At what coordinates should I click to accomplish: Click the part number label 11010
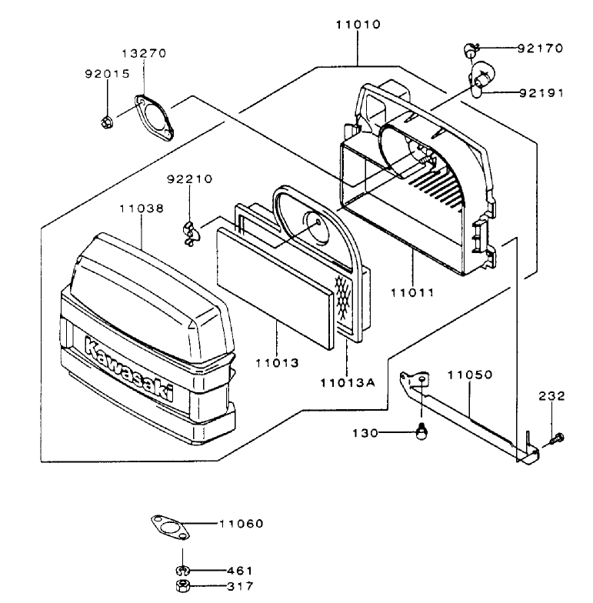click(x=358, y=24)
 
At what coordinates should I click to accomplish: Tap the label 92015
click(x=107, y=74)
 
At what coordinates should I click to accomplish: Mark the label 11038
click(x=142, y=207)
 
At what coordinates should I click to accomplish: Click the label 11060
click(x=241, y=524)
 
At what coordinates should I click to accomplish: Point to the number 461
click(x=240, y=571)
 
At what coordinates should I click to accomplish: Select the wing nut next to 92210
click(x=189, y=232)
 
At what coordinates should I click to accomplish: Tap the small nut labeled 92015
click(x=108, y=120)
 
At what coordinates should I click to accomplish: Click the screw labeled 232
click(x=556, y=439)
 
